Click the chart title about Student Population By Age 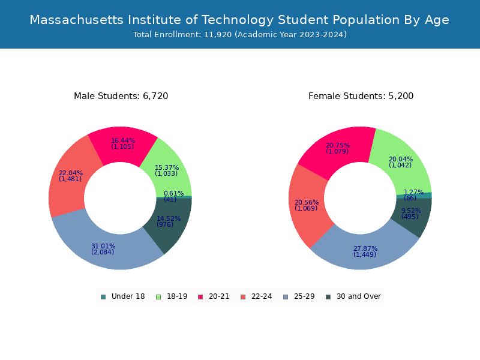tap(239, 20)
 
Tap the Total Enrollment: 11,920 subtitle tap(239, 35)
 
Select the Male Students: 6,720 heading tap(121, 96)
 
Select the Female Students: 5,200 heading tap(361, 96)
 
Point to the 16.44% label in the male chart tap(123, 140)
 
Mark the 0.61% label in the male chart tap(174, 193)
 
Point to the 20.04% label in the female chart tap(401, 160)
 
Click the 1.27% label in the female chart tap(413, 193)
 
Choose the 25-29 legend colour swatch tap(285, 296)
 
